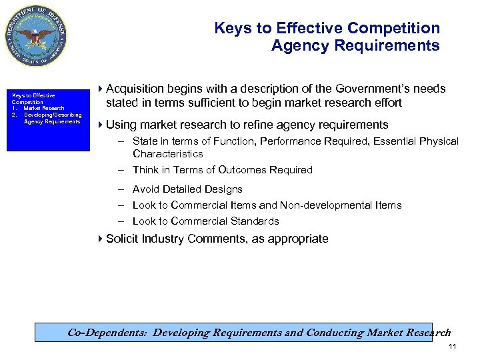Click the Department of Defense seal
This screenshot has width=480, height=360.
click(37, 35)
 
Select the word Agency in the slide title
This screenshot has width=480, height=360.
click(297, 46)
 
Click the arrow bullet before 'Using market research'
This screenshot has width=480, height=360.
click(101, 125)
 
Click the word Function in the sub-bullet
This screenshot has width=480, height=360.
click(233, 141)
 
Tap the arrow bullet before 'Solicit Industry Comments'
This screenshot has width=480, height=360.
click(101, 239)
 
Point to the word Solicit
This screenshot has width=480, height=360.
click(123, 239)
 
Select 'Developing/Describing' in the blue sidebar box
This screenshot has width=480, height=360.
click(53, 115)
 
